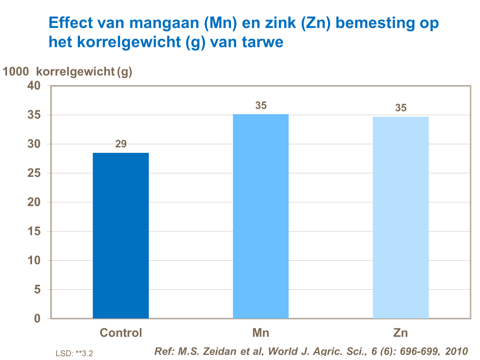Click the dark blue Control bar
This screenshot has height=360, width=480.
pos(121,236)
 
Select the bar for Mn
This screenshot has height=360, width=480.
pos(260,216)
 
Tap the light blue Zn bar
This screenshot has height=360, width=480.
pos(401,217)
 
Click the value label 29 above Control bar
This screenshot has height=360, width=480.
pos(121,144)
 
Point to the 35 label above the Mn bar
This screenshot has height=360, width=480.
pos(261,106)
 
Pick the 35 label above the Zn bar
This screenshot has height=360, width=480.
pos(401,108)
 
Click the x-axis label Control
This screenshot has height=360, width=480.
pos(121,333)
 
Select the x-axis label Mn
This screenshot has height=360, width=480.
pos(260,333)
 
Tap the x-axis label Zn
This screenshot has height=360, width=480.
pos(401,333)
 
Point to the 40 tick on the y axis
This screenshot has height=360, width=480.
pos(34,86)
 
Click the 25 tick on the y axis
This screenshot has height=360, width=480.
pos(34,173)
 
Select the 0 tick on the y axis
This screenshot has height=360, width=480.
pos(37,318)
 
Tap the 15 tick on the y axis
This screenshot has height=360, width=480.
pos(34,231)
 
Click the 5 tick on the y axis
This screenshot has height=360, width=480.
pos(37,289)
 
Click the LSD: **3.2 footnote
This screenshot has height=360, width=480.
pos(74,353)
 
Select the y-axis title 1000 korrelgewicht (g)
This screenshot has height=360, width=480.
pos(67,72)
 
